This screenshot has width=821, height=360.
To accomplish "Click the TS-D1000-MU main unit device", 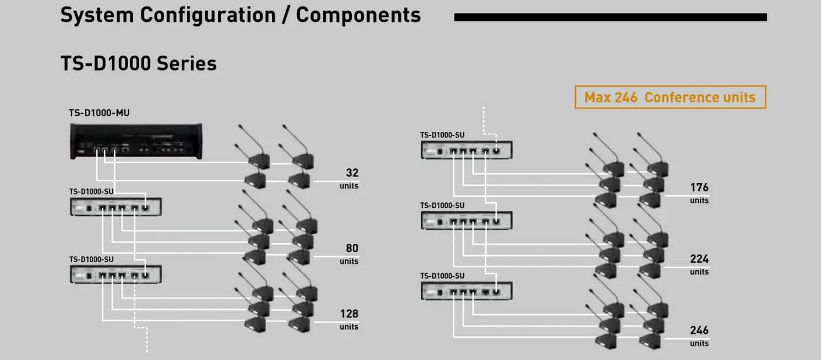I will (137, 141).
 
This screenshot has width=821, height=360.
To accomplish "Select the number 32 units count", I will (352, 173).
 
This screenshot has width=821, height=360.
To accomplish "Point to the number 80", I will (352, 248).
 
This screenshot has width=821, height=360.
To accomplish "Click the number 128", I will (349, 314).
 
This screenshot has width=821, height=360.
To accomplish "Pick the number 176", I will (699, 188).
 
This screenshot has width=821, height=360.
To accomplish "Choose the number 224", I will (699, 259).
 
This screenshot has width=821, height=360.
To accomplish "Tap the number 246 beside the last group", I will (699, 331).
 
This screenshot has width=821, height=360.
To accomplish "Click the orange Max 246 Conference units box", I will (670, 97).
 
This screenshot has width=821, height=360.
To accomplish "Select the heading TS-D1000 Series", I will (138, 63).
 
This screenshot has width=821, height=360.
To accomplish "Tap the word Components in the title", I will (358, 15).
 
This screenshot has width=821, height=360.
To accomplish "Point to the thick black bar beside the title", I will (610, 17).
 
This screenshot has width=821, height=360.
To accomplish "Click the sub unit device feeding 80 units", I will (116, 207).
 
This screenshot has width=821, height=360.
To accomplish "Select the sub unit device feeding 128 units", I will (116, 274).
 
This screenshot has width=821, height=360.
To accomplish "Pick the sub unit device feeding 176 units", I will (466, 150).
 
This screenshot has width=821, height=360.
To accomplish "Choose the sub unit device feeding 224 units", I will (466, 220).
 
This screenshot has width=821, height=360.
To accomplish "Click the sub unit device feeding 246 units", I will (466, 291).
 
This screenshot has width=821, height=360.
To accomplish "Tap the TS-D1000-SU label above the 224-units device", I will (442, 205).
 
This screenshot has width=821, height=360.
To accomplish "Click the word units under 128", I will (349, 327).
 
